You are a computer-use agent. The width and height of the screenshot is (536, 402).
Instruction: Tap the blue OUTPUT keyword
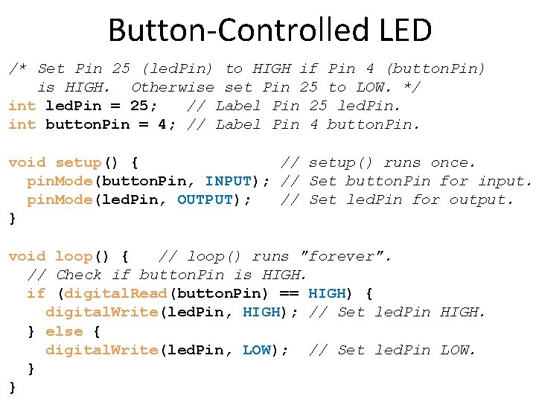pyautogui.click(x=205, y=200)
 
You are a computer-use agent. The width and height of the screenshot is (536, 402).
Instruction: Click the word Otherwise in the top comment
pyautogui.click(x=173, y=87)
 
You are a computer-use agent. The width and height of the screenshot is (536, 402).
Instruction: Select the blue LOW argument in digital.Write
pyautogui.click(x=257, y=350)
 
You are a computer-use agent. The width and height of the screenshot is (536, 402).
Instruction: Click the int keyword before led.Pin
pyautogui.click(x=22, y=106)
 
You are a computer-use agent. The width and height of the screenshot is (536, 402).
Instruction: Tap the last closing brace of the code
pyautogui.click(x=12, y=387)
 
